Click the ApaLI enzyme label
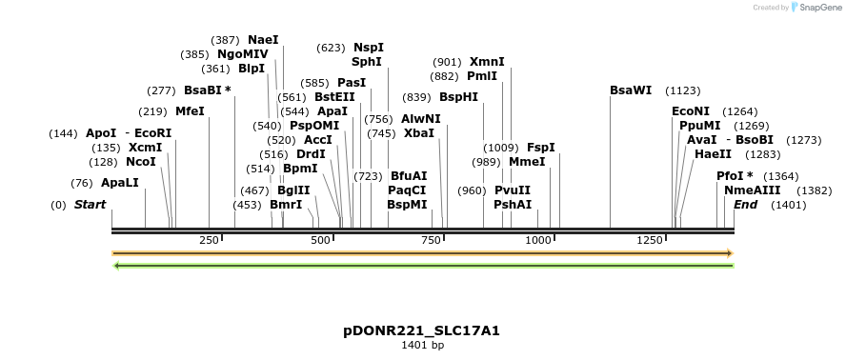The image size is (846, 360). [x=119, y=183]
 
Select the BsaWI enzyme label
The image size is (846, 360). [x=631, y=90]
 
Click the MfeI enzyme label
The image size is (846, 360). [x=190, y=111]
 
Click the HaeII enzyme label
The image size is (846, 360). [x=713, y=154]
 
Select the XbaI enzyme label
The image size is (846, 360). [x=418, y=133]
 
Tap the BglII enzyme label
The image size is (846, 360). [x=292, y=190]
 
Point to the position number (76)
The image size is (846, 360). [x=82, y=183]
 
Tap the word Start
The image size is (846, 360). [x=90, y=205]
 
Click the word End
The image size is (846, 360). [x=745, y=205]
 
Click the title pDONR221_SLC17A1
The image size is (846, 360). [x=422, y=330]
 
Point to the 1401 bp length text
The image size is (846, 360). [x=422, y=346]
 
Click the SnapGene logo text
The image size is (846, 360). [x=818, y=8]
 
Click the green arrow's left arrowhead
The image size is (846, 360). [x=116, y=265]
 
